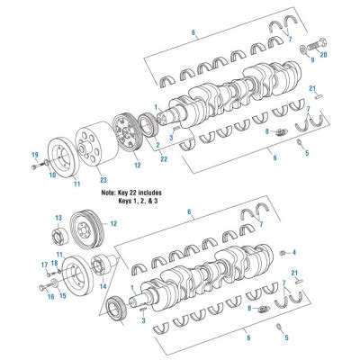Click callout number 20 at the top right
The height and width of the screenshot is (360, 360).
coord(324,55)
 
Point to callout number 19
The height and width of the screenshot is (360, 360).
coord(33,157)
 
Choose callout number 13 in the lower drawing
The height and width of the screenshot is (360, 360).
coord(58,218)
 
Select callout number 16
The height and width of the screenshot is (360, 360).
coord(50,294)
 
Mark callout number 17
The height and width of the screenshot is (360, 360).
coord(42,264)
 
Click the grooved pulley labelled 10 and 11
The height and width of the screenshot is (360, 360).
coord(63,157)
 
